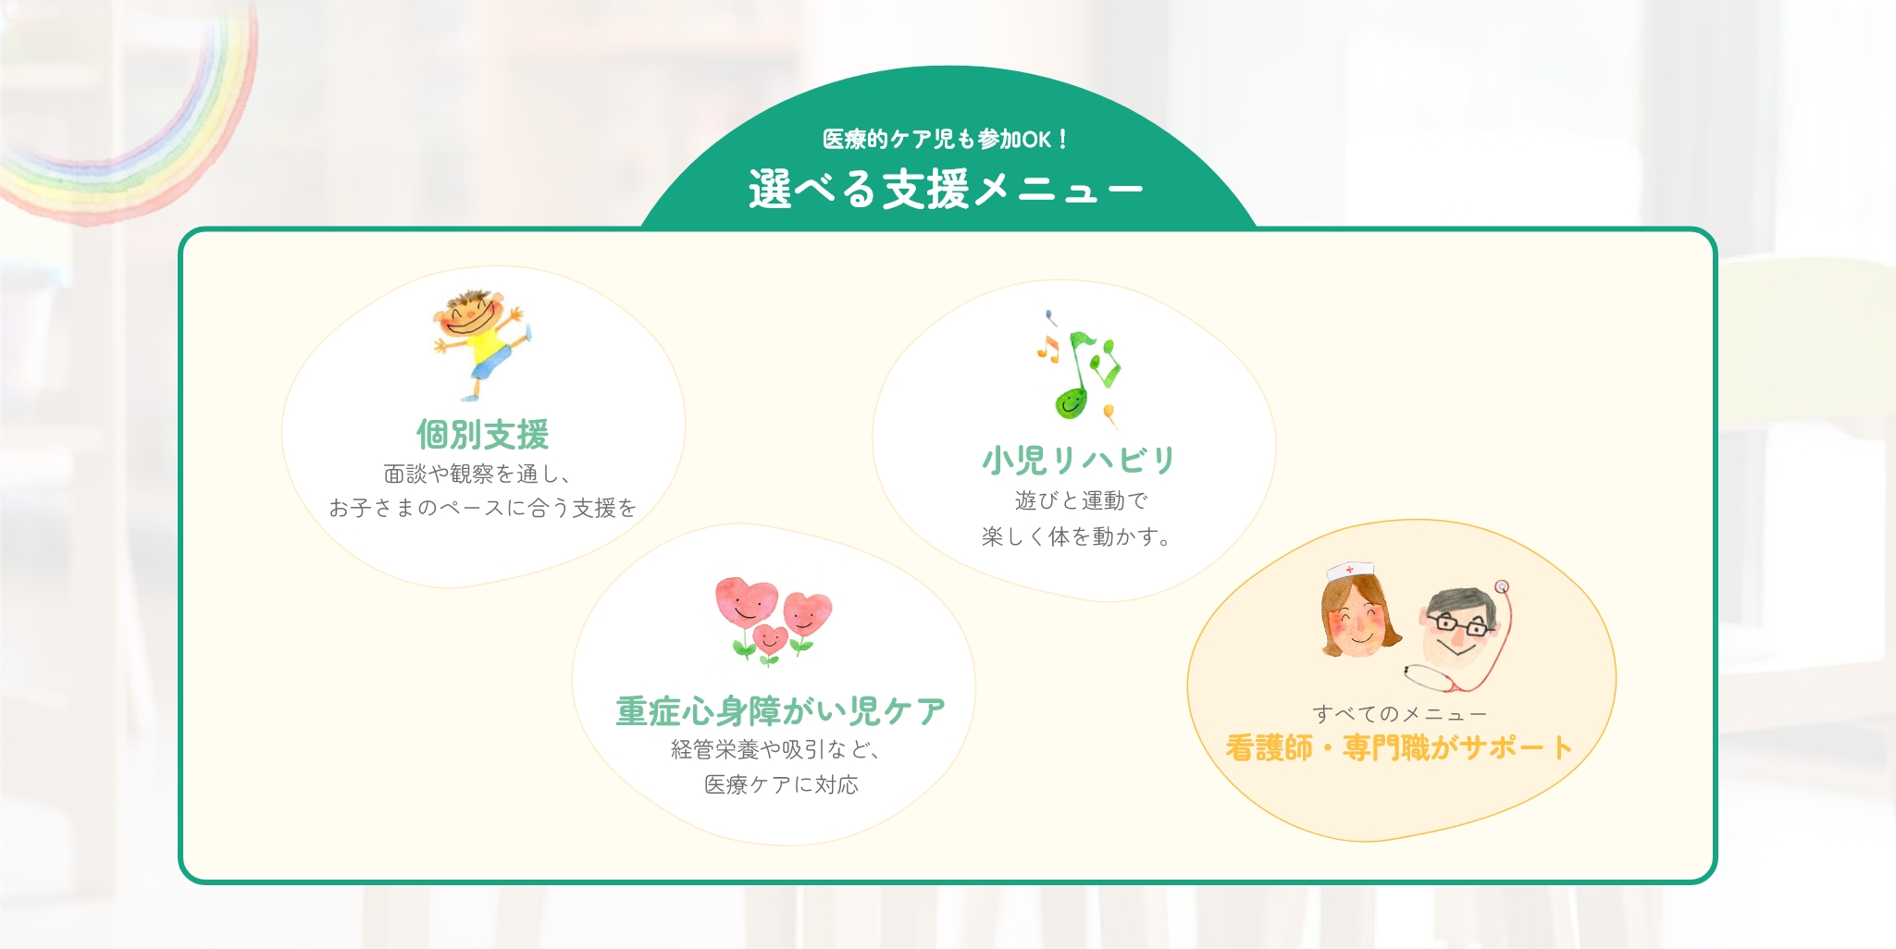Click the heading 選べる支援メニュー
click(946, 189)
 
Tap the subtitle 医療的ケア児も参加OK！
click(946, 139)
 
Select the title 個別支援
click(482, 434)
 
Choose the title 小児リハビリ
click(1078, 460)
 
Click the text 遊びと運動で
click(1081, 500)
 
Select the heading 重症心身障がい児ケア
click(780, 710)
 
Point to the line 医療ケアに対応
click(781, 784)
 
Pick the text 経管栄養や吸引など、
click(777, 749)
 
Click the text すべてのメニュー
click(1399, 714)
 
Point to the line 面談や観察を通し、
click(478, 474)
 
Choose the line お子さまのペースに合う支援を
click(482, 508)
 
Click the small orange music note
click(1047, 348)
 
